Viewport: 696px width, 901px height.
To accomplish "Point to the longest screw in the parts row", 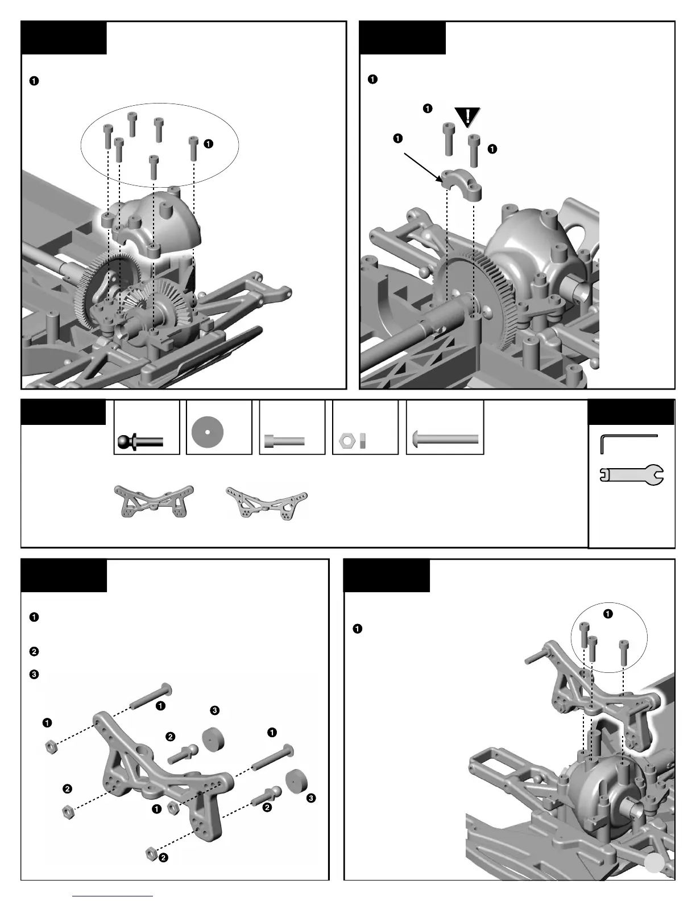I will [x=445, y=439].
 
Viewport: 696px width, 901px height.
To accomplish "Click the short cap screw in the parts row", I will [x=284, y=441].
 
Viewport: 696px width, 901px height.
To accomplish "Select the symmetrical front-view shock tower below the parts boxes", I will [x=154, y=501].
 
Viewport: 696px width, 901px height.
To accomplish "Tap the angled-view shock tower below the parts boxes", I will [x=267, y=502].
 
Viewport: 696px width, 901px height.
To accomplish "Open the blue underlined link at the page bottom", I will [x=113, y=896].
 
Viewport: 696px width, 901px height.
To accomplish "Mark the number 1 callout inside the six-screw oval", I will [x=208, y=144].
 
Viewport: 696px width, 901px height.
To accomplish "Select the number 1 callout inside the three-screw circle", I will [x=608, y=614].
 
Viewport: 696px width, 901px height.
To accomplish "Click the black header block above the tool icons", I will [x=631, y=412].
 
